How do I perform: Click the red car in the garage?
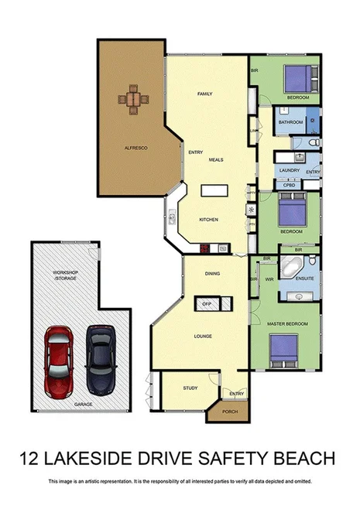59,359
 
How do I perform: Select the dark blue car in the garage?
101,357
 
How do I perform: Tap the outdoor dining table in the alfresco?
131,99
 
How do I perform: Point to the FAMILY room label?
205,94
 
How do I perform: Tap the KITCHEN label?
209,220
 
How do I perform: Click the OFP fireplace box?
207,304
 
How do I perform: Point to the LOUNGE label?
204,336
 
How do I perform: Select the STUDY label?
190,388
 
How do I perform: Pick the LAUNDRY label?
288,170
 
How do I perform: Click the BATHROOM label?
290,122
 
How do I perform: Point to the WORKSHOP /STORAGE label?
65,275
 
